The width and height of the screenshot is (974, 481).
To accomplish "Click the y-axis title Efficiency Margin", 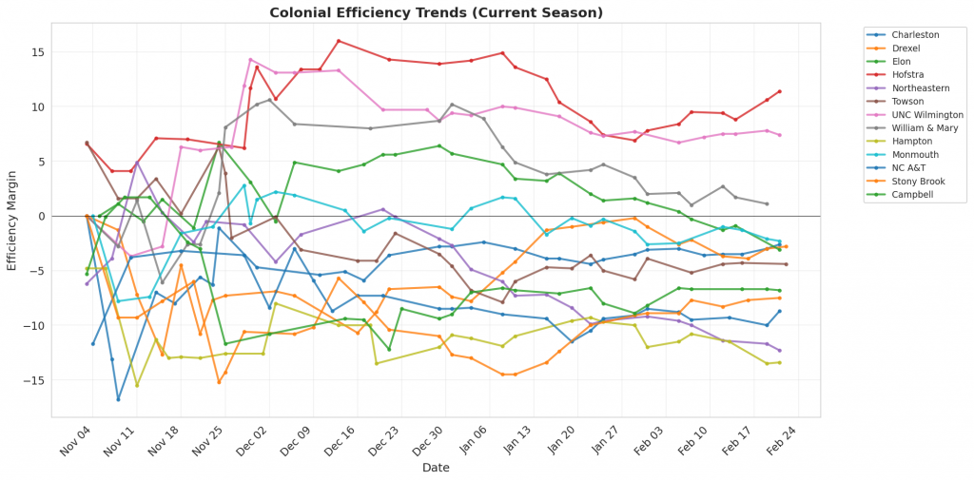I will point(12,217).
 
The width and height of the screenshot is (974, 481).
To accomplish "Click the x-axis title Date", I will point(437,468).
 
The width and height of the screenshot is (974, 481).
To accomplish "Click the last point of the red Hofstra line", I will point(780,91).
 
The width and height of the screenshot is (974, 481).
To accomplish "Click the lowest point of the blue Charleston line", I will point(118,399).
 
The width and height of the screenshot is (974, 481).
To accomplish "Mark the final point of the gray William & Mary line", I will point(767,203).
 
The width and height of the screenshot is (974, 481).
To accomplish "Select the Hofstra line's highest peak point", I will point(339,41).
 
